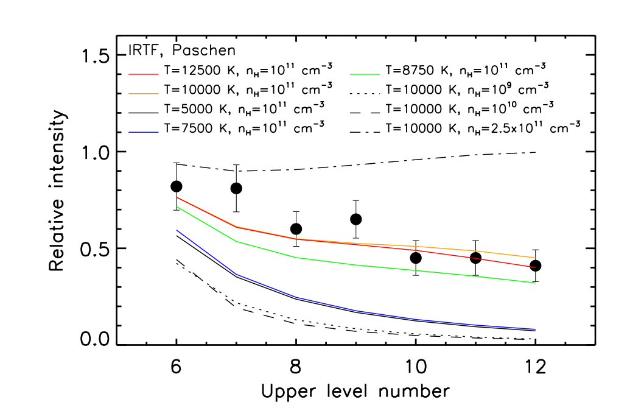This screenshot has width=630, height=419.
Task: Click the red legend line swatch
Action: tap(144, 74)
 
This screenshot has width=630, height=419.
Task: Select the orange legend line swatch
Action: tap(144, 94)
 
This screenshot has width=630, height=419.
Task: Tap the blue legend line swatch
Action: tap(144, 132)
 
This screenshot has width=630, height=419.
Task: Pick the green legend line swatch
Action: tap(365, 74)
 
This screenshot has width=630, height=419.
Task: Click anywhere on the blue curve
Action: tap(356, 311)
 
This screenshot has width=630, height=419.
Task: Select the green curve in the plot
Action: tap(356, 265)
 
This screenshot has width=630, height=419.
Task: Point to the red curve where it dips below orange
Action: tap(475, 258)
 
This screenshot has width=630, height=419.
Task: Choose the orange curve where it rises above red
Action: tap(475, 250)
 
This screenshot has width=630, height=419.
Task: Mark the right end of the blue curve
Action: tap(535, 329)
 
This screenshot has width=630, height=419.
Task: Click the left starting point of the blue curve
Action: tap(177, 230)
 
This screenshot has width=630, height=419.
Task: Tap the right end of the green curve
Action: tap(535, 283)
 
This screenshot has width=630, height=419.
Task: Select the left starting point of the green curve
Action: tap(177, 207)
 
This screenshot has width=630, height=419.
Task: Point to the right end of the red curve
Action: tap(535, 267)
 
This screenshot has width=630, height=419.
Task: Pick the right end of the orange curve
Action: tap(535, 258)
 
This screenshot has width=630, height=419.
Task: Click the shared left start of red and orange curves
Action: tap(177, 197)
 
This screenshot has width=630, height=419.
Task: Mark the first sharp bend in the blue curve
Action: tap(236, 274)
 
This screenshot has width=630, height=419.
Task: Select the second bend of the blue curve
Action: tap(296, 297)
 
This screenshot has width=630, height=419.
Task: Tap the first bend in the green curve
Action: tap(236, 241)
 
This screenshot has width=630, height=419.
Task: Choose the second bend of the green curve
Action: tap(296, 258)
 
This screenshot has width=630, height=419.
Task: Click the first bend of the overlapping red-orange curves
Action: tap(236, 227)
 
